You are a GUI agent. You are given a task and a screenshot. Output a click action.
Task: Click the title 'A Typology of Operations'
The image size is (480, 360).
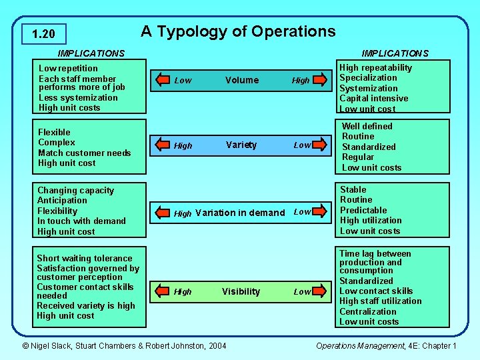tap(238, 31)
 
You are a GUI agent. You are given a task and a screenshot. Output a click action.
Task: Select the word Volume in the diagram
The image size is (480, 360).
tap(242, 80)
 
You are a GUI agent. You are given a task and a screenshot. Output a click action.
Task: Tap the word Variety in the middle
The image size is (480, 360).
tap(241, 145)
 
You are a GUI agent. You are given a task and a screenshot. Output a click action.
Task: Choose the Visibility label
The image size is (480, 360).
tap(241, 291)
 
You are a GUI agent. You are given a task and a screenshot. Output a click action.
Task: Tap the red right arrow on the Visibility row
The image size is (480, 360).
tap(321, 291)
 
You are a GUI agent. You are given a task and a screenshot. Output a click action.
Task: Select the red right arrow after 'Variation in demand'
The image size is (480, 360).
tap(321, 212)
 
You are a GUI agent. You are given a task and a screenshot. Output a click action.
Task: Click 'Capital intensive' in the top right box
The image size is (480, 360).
tap(373, 99)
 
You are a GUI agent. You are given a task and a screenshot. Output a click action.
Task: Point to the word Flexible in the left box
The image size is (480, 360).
tap(54, 132)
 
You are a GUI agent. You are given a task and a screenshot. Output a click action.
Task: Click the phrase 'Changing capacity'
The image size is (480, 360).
tap(75, 190)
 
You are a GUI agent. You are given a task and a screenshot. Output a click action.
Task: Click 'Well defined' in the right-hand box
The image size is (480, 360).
tap(367, 126)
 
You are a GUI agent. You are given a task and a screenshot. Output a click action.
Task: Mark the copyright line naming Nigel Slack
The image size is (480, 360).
tap(124, 345)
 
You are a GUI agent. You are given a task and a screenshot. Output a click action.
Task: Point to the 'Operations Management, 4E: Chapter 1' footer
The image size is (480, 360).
tap(386, 345)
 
